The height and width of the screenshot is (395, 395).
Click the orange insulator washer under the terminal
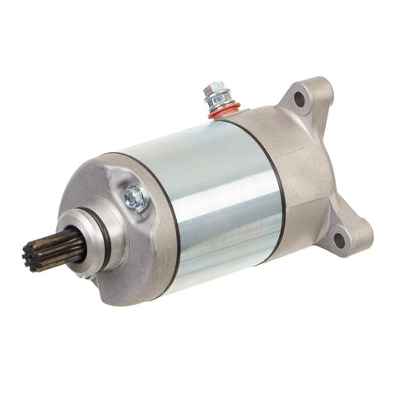(x=223, y=110)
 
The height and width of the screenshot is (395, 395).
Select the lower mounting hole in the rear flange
(x=338, y=239)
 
